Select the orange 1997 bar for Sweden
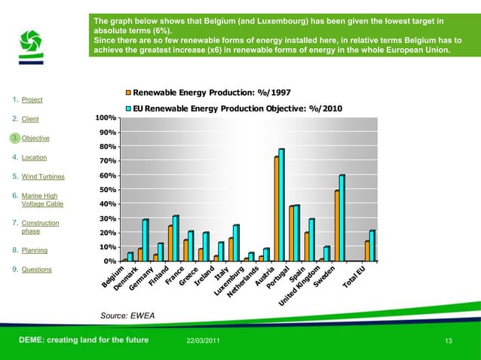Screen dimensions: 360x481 click(x=336, y=226)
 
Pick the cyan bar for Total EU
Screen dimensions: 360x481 click(x=372, y=246)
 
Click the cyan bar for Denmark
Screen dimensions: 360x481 click(x=145, y=240)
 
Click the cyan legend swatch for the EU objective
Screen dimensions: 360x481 click(x=128, y=108)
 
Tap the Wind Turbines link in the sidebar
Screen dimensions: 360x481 click(x=43, y=177)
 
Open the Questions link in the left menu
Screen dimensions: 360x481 click(x=37, y=269)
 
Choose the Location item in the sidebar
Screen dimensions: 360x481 click(x=35, y=157)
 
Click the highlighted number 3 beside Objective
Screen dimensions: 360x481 click(x=14, y=138)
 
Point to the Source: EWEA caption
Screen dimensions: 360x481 click(x=121, y=315)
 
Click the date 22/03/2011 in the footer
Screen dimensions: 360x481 click(x=203, y=343)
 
